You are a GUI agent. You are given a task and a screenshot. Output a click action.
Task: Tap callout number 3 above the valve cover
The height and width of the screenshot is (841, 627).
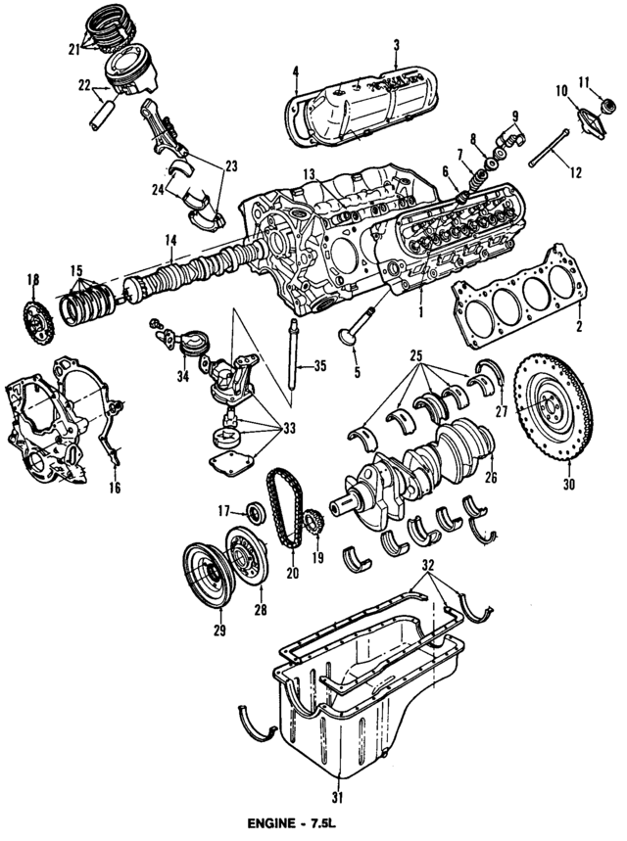(396, 44)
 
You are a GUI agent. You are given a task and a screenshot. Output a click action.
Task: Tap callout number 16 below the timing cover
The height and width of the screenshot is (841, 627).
(114, 487)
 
